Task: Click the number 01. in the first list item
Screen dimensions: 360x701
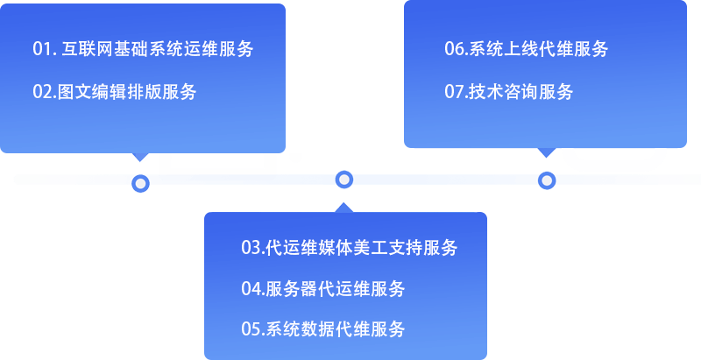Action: click(44, 49)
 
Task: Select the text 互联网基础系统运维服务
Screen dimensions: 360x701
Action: click(159, 49)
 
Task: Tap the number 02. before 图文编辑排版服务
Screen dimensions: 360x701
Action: click(45, 92)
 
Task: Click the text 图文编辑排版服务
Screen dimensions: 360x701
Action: click(127, 92)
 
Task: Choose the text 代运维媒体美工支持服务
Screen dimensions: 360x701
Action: click(360, 248)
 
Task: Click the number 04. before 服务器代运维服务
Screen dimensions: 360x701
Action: click(252, 289)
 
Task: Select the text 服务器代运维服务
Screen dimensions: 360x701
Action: click(335, 289)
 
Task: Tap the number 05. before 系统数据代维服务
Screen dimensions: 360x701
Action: click(252, 330)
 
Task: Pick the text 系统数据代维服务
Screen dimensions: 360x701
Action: click(335, 330)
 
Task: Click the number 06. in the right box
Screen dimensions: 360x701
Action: click(455, 49)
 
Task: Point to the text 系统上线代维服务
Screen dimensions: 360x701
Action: click(537, 49)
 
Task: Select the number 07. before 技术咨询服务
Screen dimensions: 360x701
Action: click(456, 91)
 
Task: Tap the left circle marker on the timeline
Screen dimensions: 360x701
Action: click(140, 183)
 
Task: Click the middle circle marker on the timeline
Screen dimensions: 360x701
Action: click(344, 180)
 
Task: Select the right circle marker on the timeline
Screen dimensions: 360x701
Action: click(547, 180)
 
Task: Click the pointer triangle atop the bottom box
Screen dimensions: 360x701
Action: click(344, 207)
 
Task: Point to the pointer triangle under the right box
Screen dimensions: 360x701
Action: click(547, 152)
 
